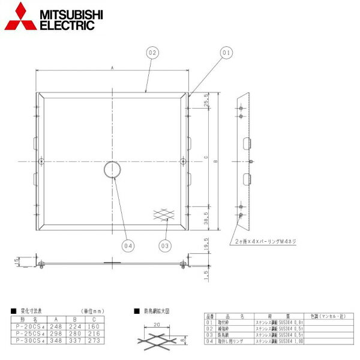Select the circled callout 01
226,53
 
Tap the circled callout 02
152,53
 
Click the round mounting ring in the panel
111,170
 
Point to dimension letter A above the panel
112,68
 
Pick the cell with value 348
57,340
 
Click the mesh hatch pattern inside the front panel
164,214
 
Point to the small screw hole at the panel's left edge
40,161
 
